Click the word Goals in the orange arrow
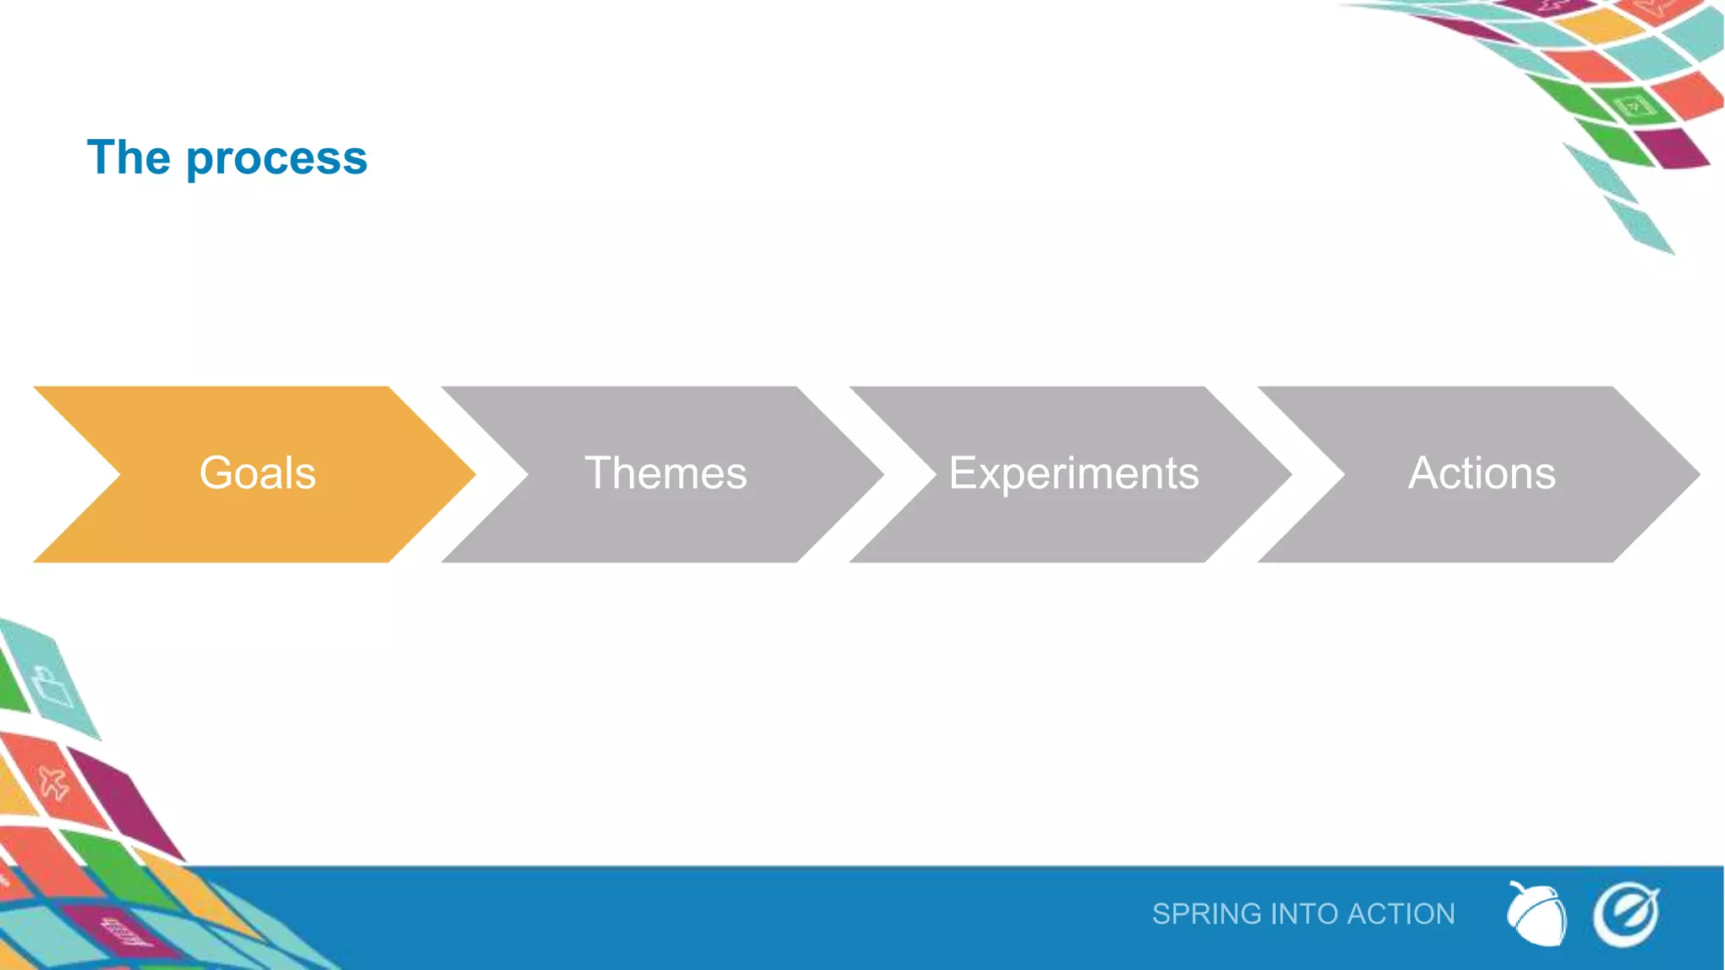[257, 473]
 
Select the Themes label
[665, 473]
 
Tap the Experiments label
[1074, 473]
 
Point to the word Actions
[1482, 473]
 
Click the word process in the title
[276, 158]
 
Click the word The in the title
[129, 157]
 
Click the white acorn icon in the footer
[1536, 914]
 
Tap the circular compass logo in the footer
[1626, 914]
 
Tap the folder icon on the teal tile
[52, 686]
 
